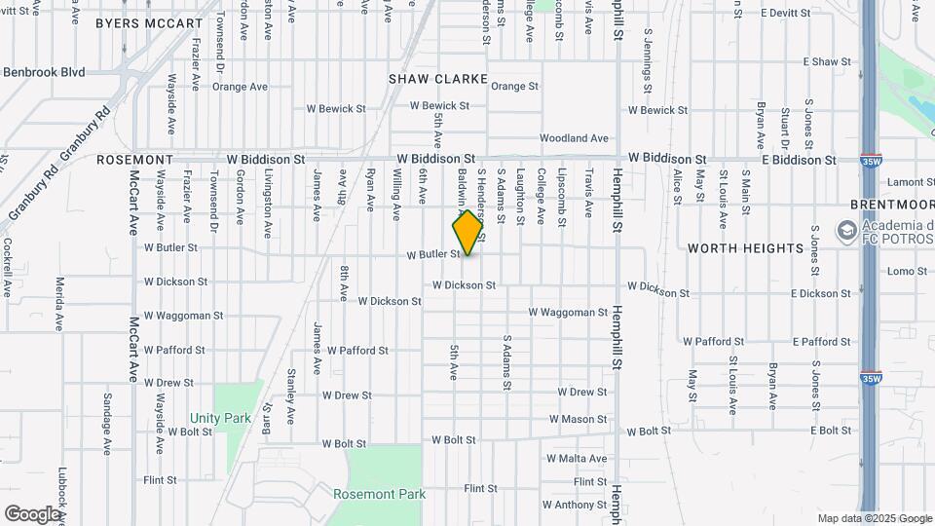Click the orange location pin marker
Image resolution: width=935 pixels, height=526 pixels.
coord(468,233)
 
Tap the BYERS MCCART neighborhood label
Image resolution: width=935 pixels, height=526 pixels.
coord(149,22)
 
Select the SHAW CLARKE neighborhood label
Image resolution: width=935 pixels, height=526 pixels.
coord(437,78)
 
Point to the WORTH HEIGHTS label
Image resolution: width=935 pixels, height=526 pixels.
coord(745,248)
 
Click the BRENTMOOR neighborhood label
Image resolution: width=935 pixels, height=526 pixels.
coord(891,205)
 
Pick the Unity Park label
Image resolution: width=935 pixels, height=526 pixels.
coord(221,418)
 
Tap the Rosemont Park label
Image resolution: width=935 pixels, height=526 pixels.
coord(379,494)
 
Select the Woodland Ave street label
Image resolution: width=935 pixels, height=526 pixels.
coord(574,138)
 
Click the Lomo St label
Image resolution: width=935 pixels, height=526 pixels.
coord(907,272)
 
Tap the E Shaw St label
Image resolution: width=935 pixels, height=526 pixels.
coord(827,61)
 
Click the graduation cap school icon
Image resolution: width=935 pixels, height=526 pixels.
coord(845,231)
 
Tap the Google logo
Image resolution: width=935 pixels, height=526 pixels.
coord(32,513)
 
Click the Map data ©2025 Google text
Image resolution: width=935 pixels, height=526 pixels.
coord(874,518)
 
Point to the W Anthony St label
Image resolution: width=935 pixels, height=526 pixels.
coord(575,505)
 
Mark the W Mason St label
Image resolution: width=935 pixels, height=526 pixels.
coord(578,419)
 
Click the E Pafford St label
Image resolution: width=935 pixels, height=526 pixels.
coord(822,342)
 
